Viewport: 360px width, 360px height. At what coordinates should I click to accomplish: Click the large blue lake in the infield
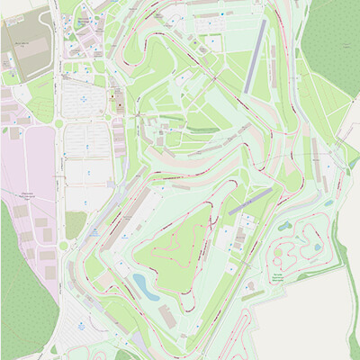142,285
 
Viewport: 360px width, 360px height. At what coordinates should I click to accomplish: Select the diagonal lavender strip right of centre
250,200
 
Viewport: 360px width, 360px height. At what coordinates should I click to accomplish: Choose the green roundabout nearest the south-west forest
65,245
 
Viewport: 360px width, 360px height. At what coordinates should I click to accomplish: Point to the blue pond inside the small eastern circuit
285,226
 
